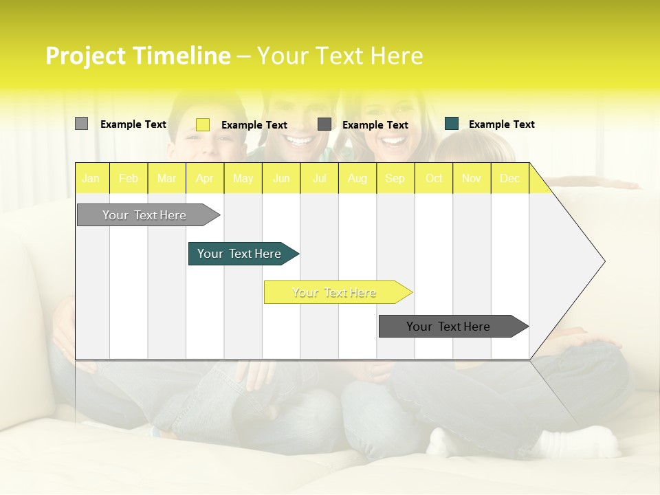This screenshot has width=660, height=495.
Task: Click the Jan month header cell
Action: click(91, 178)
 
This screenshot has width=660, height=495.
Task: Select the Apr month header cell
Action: click(205, 178)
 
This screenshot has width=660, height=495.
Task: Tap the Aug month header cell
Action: click(357, 178)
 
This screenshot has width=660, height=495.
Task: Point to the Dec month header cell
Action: click(510, 178)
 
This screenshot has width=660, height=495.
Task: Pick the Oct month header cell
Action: click(434, 178)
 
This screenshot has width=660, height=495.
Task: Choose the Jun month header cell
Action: click(281, 178)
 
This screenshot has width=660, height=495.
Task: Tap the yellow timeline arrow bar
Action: click(335, 292)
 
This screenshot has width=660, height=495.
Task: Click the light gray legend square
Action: click(81, 124)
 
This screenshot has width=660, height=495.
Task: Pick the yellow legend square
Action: click(203, 124)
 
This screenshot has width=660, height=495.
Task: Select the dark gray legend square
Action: click(324, 124)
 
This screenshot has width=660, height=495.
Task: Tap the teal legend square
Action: click(452, 124)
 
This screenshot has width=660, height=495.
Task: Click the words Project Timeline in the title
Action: click(137, 56)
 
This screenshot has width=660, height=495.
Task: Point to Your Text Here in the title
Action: click(340, 56)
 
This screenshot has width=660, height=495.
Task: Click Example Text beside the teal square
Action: click(501, 124)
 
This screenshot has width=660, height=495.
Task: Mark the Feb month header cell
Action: click(129, 178)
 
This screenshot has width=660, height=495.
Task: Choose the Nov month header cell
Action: click(472, 178)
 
